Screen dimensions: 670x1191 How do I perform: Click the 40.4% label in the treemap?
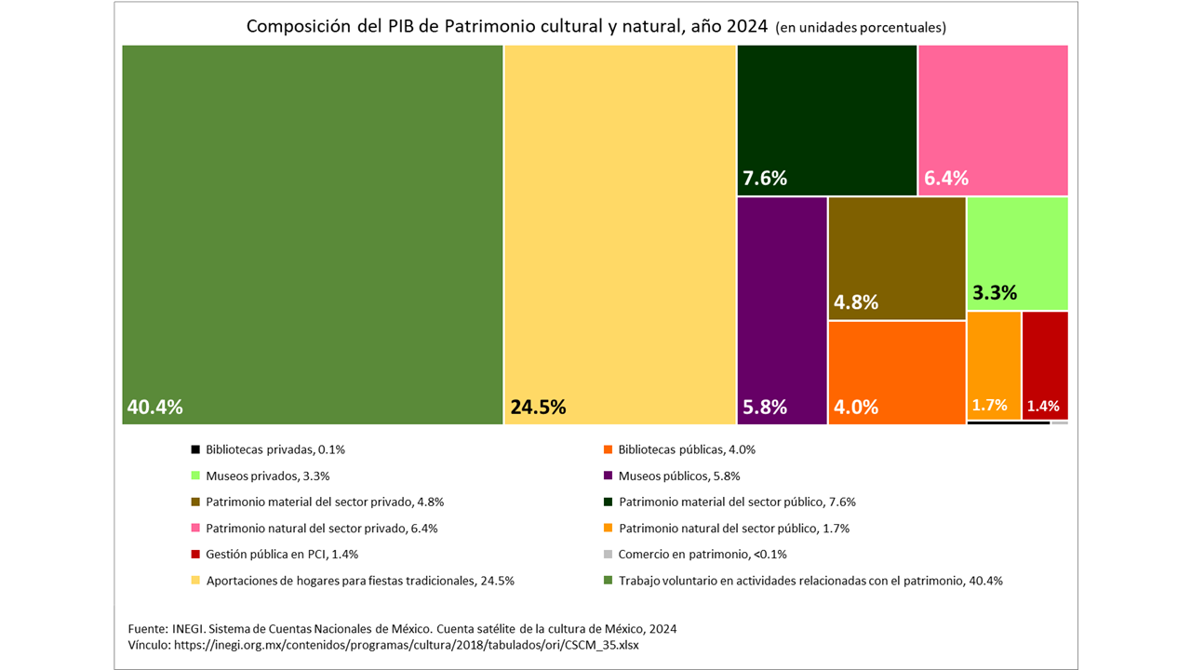[x=154, y=407]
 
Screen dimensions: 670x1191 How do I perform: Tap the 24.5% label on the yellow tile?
[x=538, y=407]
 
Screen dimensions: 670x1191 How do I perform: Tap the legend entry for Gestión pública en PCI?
[x=282, y=554]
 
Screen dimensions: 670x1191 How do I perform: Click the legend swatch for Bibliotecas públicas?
[x=609, y=449]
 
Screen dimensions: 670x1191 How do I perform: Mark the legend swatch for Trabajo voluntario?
[x=609, y=580]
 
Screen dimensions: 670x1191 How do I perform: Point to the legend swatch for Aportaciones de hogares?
[x=195, y=580]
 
